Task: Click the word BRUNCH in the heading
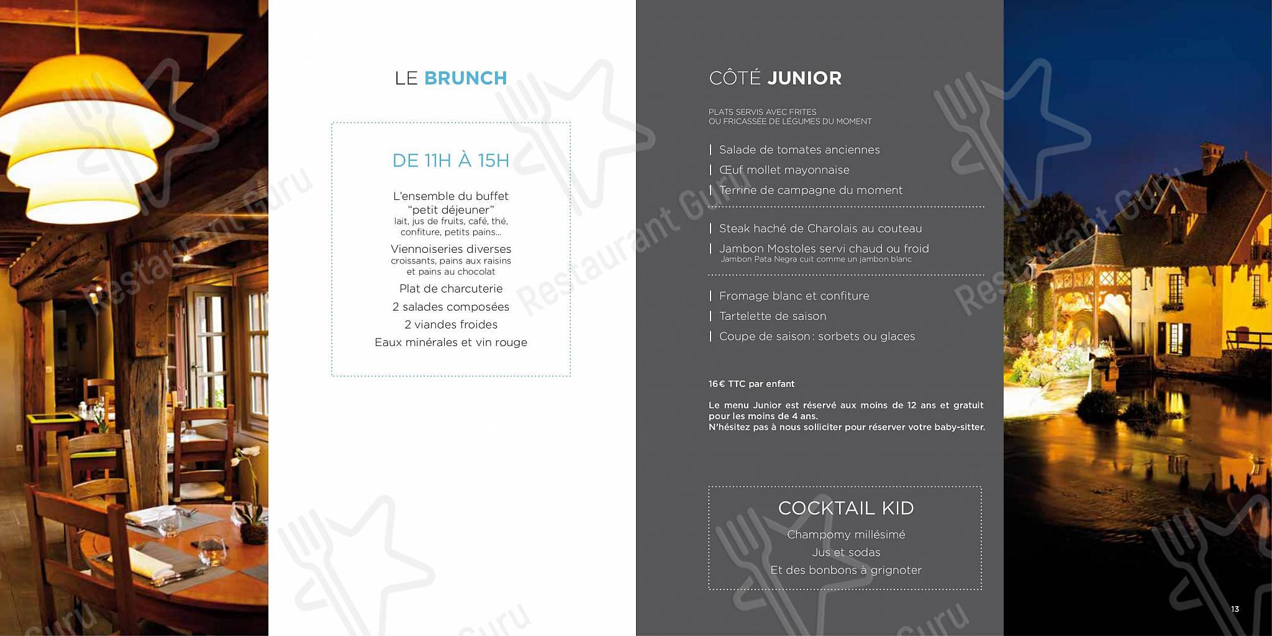point(465,78)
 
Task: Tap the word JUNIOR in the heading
point(804,78)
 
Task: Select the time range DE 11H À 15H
point(450,161)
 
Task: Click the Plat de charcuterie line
point(451,289)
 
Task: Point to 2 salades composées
point(451,307)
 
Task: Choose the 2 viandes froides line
point(451,325)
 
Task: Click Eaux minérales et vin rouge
point(451,343)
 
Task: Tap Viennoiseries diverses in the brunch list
point(451,249)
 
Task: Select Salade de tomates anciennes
point(799,150)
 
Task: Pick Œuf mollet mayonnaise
point(784,170)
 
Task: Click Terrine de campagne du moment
point(811,190)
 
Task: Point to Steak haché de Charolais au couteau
point(820,229)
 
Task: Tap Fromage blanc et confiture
point(794,296)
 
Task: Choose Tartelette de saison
point(773,316)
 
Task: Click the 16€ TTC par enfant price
point(752,384)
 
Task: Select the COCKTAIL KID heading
point(846,508)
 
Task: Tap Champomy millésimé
point(846,535)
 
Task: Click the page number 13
point(1235,609)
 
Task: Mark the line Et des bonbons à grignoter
point(846,570)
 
